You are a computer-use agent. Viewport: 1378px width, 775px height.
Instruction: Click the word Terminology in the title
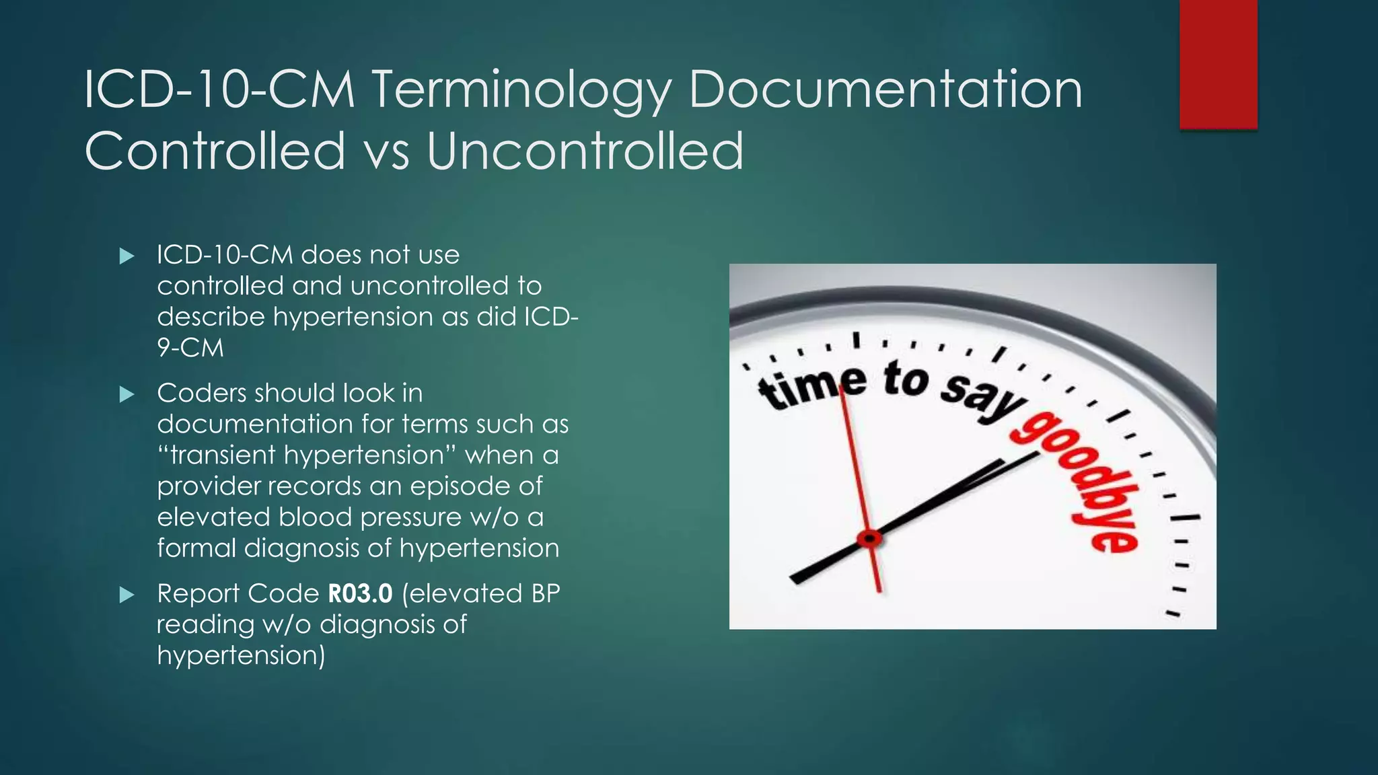pos(521,91)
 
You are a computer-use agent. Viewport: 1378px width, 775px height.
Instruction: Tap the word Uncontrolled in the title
pos(585,151)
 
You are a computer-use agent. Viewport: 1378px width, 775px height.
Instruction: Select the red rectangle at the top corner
pos(1218,64)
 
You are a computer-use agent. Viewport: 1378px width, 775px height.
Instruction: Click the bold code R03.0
pos(360,593)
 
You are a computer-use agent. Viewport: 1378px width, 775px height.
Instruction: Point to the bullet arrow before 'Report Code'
pos(126,595)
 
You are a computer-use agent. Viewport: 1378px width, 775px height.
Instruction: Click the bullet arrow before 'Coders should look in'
pos(126,394)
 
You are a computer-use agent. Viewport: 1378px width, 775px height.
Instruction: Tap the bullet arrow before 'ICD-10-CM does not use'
pos(126,256)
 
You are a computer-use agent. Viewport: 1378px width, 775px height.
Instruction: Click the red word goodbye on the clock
pos(1077,481)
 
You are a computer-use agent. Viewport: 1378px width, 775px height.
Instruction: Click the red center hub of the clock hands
pos(869,538)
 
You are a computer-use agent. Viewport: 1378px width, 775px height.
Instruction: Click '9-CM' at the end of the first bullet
pos(190,348)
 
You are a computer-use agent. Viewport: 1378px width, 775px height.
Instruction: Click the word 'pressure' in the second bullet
pos(412,517)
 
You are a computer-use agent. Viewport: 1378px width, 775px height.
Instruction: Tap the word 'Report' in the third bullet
pos(199,593)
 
